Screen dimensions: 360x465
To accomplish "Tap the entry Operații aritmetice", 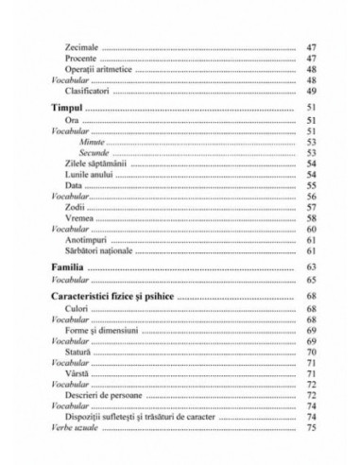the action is point(97,69).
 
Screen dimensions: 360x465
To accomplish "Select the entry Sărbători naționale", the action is point(101,251).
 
